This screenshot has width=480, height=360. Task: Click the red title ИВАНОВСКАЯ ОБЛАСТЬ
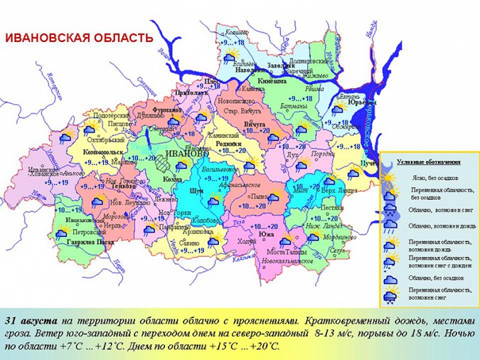click(x=80, y=37)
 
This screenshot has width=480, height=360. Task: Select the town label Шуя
click(x=197, y=191)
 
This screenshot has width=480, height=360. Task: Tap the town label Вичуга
click(x=254, y=124)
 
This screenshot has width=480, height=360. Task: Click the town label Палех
click(x=260, y=196)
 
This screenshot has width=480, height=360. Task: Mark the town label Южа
click(x=267, y=234)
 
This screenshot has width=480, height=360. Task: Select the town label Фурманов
click(x=167, y=110)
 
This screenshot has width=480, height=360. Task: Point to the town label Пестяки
click(x=332, y=208)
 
